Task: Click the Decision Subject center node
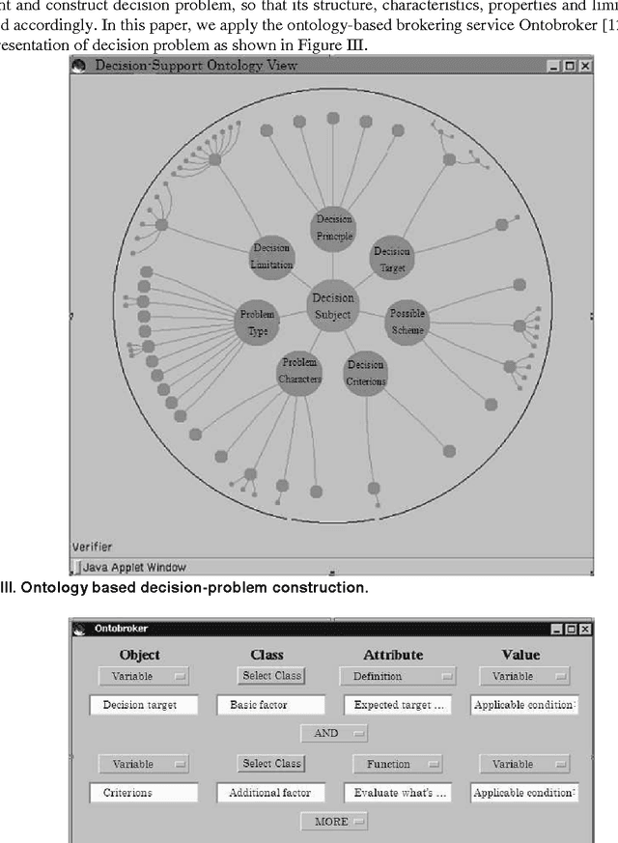point(332,305)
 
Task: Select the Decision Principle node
point(333,228)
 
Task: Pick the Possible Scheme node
point(407,322)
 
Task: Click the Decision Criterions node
point(366,372)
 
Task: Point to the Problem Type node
point(257,322)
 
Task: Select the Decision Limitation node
point(271,256)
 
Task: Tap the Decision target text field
point(143,705)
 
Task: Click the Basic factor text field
point(271,705)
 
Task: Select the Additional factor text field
point(271,792)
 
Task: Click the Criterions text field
point(143,792)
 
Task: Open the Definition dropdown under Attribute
point(398,676)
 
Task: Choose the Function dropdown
point(398,763)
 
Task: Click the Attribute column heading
point(393,655)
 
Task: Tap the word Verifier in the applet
point(92,547)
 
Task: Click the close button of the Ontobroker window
point(585,629)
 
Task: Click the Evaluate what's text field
point(398,792)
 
